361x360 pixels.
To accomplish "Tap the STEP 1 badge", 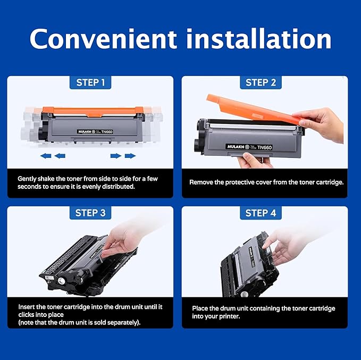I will click(x=90, y=82).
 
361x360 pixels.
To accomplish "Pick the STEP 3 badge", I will click(x=90, y=213).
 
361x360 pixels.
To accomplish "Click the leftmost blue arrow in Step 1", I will click(x=46, y=156).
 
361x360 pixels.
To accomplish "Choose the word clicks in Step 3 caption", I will click(x=28, y=314).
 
